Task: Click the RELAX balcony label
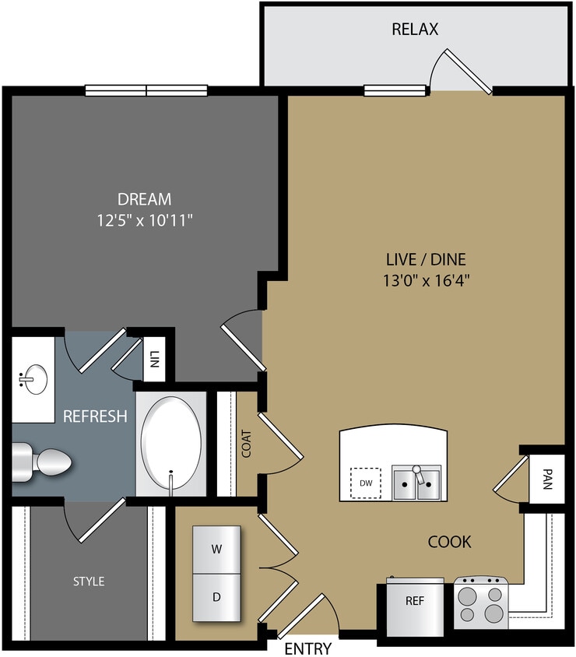pos(415,30)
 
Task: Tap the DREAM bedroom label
pos(144,199)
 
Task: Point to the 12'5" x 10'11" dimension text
pos(144,221)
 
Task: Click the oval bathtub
pos(170,444)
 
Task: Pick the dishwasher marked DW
pos(365,483)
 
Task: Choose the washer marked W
pos(216,548)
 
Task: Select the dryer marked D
pos(216,597)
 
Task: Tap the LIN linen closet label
pos(154,359)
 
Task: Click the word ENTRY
pos(307,648)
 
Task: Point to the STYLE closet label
pos(89,581)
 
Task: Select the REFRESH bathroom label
pos(95,416)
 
